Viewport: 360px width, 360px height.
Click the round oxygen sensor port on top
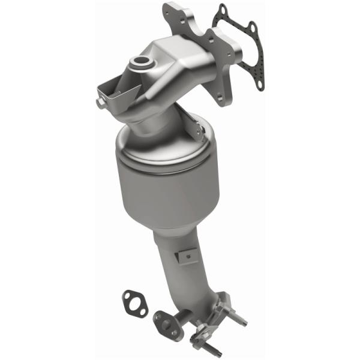(x=143, y=62)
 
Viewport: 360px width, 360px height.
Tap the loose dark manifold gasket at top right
(x=240, y=48)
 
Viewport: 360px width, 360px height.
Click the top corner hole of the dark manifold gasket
(x=223, y=10)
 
